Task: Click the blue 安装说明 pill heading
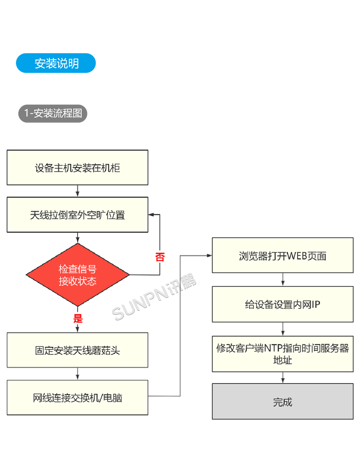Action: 56,63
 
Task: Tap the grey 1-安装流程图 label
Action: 52,113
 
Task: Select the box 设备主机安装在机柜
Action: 77,168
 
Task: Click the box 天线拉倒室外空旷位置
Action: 77,215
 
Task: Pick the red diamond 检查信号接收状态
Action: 77,275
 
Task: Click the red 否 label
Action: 159,257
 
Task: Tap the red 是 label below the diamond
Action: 78,318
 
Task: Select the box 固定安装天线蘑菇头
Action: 77,350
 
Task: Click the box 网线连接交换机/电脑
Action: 77,397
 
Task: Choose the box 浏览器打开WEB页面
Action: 283,256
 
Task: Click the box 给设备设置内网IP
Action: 283,304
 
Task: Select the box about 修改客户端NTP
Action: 283,354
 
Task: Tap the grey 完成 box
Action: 283,401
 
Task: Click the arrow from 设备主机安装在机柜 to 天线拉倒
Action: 77,191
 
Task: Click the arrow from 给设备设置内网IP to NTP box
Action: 283,329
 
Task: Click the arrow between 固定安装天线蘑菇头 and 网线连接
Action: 77,374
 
